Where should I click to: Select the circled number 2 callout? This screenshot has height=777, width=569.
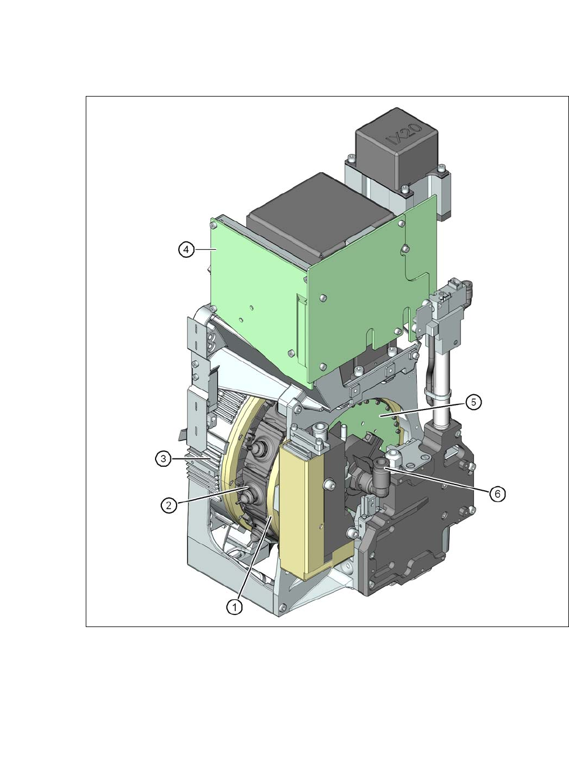169,506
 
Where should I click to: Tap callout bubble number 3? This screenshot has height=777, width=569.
163,459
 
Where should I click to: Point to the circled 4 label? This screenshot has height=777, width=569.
187,249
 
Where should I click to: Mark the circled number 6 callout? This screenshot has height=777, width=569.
497,494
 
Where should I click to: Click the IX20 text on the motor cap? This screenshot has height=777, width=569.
404,135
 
